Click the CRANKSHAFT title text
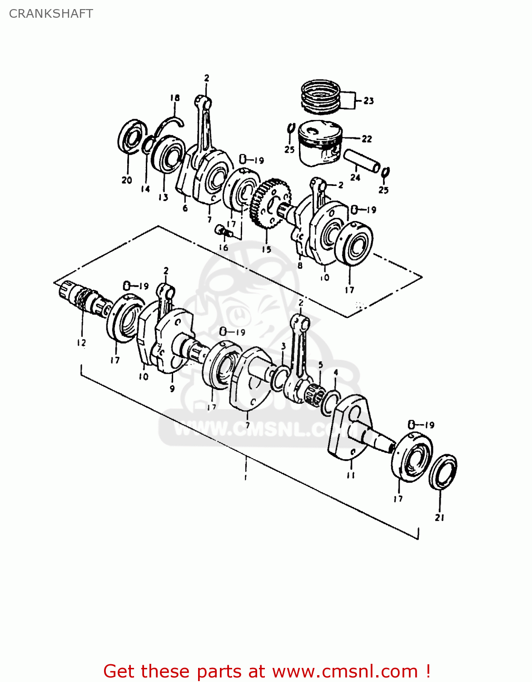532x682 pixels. tap(51, 14)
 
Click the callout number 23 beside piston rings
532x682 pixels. tap(368, 100)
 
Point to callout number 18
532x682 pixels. tap(175, 98)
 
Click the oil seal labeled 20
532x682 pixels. tap(131, 137)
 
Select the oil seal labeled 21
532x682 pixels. tap(443, 471)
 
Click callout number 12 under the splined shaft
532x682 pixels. tap(81, 343)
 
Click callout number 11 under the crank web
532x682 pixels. tap(351, 475)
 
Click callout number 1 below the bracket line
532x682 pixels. tap(245, 477)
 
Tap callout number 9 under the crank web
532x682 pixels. tap(172, 389)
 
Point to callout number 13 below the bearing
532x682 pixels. tap(163, 197)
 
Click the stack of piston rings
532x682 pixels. tap(321, 96)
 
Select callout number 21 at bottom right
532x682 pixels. tap(439, 517)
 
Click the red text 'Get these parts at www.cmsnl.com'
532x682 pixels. tap(267, 671)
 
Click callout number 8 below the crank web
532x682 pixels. tap(300, 266)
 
